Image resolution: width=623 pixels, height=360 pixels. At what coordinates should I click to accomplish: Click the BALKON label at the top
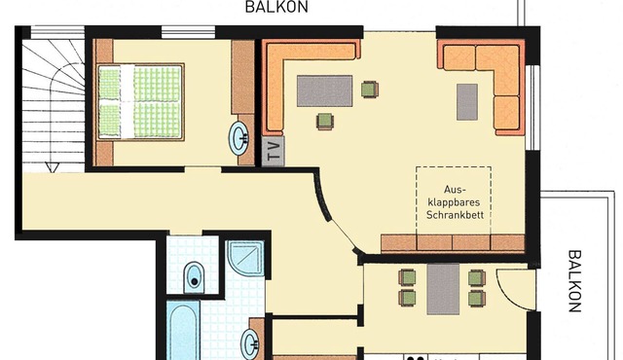276,7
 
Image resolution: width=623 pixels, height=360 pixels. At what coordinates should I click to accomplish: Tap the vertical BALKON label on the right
574,281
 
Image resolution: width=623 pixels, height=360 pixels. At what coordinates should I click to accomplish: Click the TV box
274,151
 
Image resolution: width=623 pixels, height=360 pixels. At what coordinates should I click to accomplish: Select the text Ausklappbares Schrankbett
455,202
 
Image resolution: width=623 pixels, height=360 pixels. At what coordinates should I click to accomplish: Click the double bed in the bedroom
140,102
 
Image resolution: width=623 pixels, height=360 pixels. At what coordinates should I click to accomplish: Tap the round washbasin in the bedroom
239,138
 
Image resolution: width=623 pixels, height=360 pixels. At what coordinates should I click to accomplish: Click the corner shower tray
245,259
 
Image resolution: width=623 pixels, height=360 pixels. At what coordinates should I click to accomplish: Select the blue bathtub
183,331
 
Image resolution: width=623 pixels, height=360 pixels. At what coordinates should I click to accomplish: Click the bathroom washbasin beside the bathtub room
251,342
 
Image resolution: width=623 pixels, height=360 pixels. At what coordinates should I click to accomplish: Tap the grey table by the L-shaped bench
324,90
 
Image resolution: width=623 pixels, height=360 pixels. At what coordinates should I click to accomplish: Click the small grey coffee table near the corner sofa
467,101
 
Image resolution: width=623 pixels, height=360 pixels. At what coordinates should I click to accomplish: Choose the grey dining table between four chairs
443,289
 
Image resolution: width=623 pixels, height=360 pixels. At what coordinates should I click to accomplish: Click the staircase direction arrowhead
52,167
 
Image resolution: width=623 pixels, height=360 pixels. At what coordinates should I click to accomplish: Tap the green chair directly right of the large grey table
370,90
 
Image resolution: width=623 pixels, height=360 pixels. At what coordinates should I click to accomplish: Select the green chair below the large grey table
325,122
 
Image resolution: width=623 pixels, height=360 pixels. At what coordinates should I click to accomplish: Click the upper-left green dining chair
407,277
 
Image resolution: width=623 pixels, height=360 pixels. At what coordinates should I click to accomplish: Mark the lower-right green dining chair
477,298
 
